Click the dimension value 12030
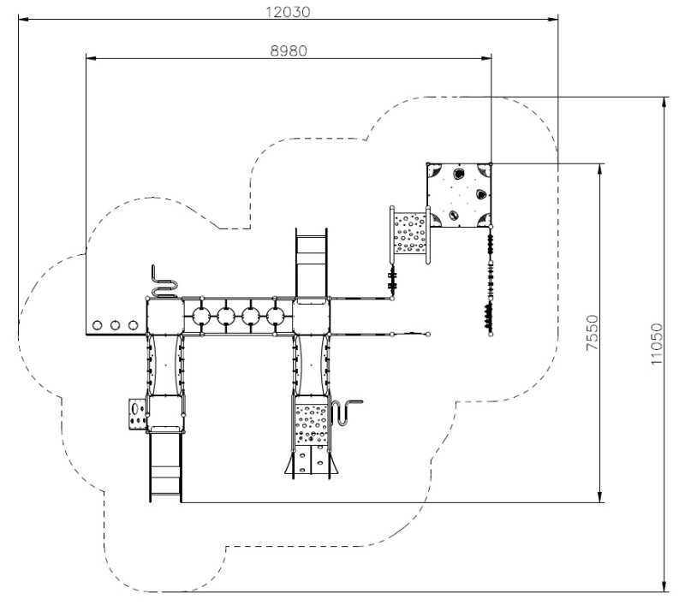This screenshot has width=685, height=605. coord(288,12)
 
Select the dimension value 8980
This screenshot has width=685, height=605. coord(289,51)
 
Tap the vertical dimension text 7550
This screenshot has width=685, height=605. coord(592,332)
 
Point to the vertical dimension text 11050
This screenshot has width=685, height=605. coord(656,344)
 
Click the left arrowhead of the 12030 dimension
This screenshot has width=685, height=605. coord(23,19)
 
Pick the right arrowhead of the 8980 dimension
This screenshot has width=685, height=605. coord(485,58)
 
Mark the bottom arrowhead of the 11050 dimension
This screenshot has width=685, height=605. coord(664,586)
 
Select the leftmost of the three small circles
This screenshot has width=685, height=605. coord(98,325)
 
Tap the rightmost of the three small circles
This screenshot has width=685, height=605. coord(134,325)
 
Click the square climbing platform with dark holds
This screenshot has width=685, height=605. coord(459,195)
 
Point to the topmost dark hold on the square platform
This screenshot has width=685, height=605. coord(459,175)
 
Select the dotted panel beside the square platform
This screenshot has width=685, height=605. coord(410,233)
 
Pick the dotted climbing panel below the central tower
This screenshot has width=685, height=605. coord(311,424)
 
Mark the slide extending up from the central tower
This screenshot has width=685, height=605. coord(311,263)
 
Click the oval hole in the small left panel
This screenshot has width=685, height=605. coord(135,408)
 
